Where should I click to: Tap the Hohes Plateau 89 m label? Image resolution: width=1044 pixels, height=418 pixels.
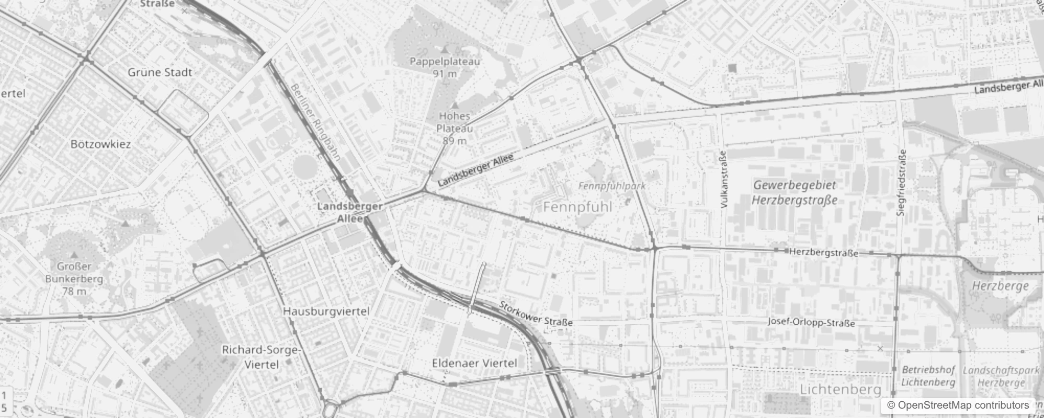tap(455, 128)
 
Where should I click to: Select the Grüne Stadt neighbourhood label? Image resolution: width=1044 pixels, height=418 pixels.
tap(160, 73)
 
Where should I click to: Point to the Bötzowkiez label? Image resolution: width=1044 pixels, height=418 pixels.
tap(101, 144)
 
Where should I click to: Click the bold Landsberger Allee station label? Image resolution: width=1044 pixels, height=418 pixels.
tap(350, 212)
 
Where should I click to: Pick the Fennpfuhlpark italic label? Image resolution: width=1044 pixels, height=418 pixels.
tap(612, 186)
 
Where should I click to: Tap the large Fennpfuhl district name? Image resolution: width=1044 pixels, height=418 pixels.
tap(577, 207)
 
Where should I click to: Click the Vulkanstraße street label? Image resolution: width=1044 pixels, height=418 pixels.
tap(724, 180)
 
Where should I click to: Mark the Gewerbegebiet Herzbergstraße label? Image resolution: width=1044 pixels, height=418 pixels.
tap(795, 192)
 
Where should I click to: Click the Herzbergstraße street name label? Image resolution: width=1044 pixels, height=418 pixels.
tap(823, 252)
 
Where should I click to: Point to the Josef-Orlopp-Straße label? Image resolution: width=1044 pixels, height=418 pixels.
tap(811, 322)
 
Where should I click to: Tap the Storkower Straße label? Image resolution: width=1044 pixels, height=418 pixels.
tap(536, 313)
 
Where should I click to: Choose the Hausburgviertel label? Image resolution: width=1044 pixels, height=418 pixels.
tap(326, 311)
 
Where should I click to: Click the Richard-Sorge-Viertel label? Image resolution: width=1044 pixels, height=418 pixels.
tap(261, 357)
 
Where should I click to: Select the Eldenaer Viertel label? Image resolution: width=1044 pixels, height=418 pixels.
tap(474, 363)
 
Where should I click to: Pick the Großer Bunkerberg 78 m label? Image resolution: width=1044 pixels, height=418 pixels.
tap(74, 278)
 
